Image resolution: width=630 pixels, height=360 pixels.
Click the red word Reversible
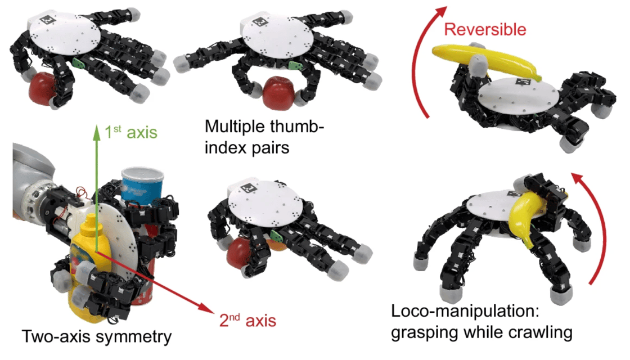tap(485, 29)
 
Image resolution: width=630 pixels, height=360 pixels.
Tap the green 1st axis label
tap(130, 132)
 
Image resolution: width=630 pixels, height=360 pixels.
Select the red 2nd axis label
tap(247, 320)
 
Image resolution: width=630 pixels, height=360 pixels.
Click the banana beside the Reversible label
tap(486, 60)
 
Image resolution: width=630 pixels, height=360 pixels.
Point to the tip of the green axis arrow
tap(96, 125)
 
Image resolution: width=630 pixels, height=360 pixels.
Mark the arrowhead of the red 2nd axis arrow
tap(208, 308)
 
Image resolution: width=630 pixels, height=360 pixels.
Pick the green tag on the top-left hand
tap(79, 62)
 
